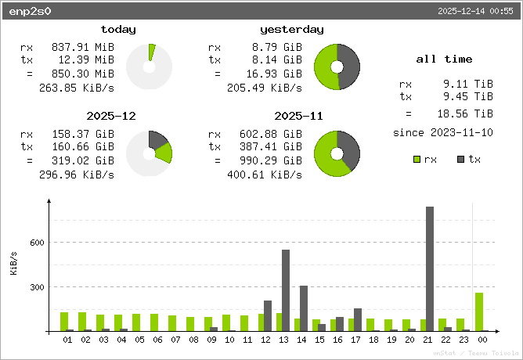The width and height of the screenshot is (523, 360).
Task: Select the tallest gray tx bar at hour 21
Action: (x=430, y=268)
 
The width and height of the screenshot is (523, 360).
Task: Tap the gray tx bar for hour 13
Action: (x=286, y=290)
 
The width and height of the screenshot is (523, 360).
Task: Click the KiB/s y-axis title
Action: (x=13, y=264)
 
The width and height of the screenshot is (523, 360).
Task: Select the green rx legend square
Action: (x=417, y=160)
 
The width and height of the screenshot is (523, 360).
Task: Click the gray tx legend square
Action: (x=461, y=160)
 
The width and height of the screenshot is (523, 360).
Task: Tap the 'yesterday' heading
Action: (x=291, y=30)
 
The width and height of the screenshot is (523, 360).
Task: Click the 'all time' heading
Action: (x=444, y=59)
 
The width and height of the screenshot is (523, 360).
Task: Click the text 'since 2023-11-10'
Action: (x=443, y=132)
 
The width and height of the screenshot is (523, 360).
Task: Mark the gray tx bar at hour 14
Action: (x=304, y=308)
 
